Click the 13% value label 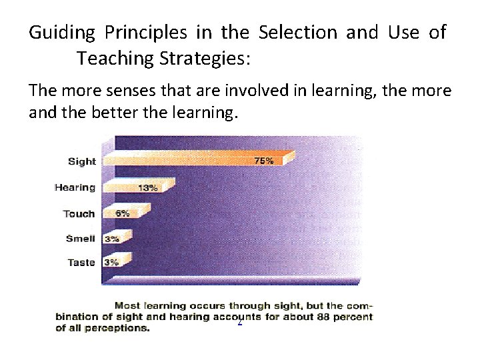[147, 188]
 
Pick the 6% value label [123, 214]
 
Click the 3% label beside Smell [111, 239]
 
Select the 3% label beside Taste [111, 263]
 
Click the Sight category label [81, 161]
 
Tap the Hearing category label [75, 187]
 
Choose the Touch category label [79, 214]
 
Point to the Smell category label [80, 239]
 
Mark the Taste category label [81, 263]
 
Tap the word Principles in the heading [147, 33]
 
